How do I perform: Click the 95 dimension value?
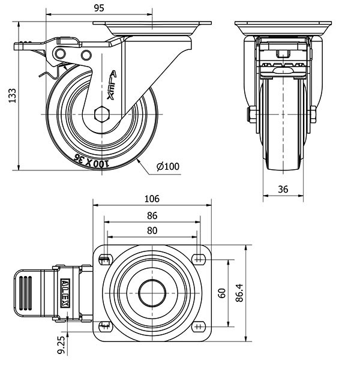coord(100,8)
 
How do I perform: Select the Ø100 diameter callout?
coord(169,166)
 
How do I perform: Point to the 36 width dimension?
coord(283,189)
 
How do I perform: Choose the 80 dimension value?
coord(152,230)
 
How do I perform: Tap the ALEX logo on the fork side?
coord(112,85)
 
